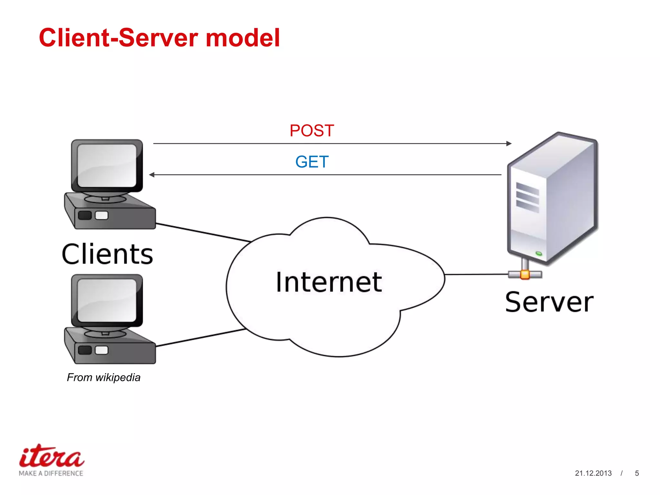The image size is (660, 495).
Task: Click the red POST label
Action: (312, 131)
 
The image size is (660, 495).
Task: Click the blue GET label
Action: (312, 162)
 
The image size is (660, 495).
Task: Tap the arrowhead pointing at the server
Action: (509, 143)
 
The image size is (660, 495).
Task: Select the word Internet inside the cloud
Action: (329, 282)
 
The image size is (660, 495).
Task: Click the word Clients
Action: (107, 254)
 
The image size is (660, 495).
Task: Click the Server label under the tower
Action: (549, 302)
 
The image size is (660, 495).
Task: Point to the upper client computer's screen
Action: (107, 165)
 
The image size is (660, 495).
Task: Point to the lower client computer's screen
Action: (107, 300)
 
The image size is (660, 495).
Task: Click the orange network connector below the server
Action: (525, 275)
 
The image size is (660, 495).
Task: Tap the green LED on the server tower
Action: (539, 254)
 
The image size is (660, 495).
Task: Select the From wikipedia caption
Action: (103, 377)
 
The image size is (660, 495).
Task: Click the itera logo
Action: (52, 457)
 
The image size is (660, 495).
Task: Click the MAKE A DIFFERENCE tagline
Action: (51, 473)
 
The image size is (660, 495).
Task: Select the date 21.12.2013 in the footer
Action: (593, 473)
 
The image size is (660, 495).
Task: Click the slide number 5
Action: (637, 473)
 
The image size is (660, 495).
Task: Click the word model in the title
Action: (243, 38)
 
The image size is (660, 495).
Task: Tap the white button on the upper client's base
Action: (102, 215)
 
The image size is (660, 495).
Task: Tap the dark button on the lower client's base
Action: (85, 350)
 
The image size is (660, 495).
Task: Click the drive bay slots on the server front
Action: (527, 197)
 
